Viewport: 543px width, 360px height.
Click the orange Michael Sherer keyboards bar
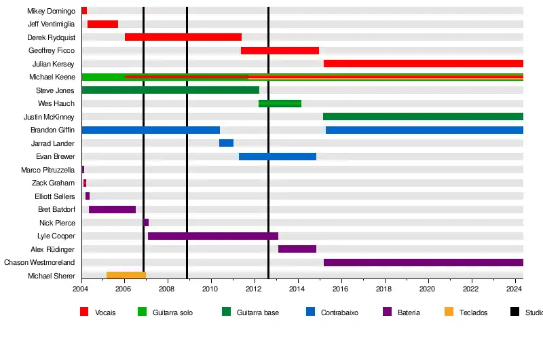tap(126, 275)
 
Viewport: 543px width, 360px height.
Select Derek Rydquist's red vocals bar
tap(183, 37)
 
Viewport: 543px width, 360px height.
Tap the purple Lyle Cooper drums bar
tap(212, 236)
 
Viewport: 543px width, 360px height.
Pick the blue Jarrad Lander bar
tap(226, 143)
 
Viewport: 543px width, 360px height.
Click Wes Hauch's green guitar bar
tap(280, 103)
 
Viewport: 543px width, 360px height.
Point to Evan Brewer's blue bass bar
tap(277, 156)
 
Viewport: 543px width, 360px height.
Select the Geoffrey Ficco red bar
tap(280, 50)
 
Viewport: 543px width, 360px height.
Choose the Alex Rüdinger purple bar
tap(297, 249)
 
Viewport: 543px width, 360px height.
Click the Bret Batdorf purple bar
tap(112, 209)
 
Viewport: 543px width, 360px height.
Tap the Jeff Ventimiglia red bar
tap(102, 24)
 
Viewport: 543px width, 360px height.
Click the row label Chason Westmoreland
tap(39, 262)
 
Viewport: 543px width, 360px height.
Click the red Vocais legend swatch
tap(84, 312)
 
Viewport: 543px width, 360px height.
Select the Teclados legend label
tap(473, 312)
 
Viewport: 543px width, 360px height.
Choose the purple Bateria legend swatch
tap(388, 312)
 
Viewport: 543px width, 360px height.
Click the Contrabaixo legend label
tap(339, 312)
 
